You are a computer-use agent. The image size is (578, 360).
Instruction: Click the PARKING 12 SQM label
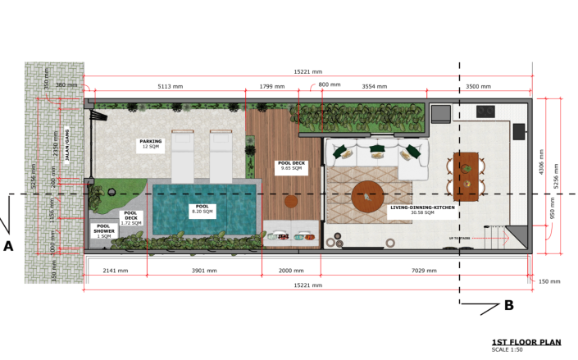[151, 144]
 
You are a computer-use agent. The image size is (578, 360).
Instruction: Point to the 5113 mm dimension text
[170, 86]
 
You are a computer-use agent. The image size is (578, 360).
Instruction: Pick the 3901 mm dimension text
[204, 270]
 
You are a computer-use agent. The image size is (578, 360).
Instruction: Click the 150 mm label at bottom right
[549, 281]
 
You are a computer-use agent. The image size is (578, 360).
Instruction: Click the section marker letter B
[508, 306]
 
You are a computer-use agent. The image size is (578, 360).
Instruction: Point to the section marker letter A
[8, 245]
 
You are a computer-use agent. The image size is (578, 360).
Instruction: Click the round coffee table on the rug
[367, 196]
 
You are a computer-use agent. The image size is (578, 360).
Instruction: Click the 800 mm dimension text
[329, 85]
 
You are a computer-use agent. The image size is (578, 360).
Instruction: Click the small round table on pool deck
[291, 200]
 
